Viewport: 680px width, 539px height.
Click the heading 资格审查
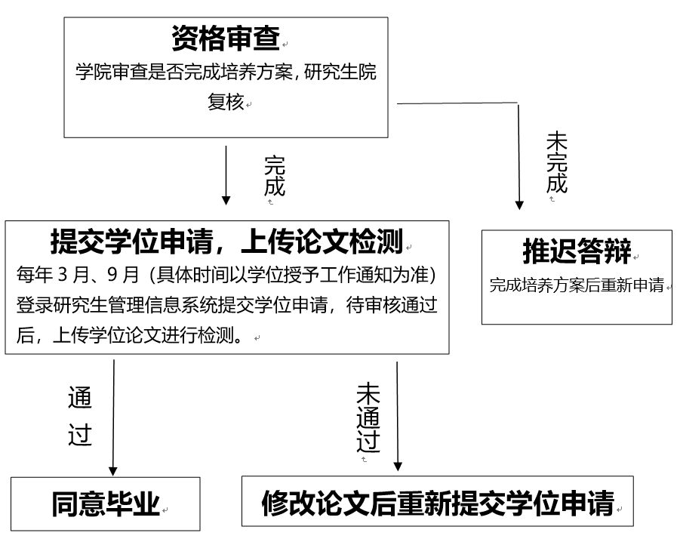(x=226, y=36)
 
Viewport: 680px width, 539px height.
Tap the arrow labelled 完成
(x=226, y=174)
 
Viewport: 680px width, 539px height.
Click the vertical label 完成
(x=275, y=175)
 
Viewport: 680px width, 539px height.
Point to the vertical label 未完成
(x=556, y=162)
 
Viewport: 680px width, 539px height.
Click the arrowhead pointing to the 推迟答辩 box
(x=519, y=204)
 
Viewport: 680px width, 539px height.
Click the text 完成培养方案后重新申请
(x=577, y=285)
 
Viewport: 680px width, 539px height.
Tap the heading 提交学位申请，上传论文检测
(x=226, y=242)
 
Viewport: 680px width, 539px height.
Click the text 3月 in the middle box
(x=68, y=273)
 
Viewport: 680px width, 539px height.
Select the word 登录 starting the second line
(x=33, y=305)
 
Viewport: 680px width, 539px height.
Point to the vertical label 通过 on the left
(x=79, y=417)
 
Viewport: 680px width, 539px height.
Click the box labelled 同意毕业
(x=106, y=504)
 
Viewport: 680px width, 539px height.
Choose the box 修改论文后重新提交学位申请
(x=437, y=502)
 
